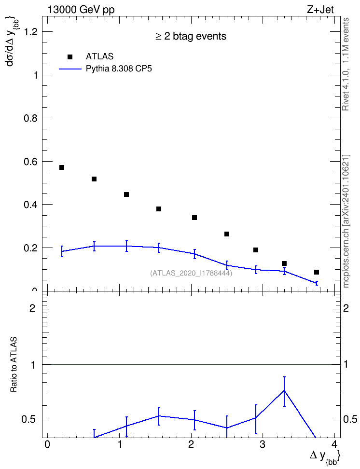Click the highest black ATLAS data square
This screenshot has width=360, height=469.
coord(62,167)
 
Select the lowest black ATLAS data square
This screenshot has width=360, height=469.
coord(317,272)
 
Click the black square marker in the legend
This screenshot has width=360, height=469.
coord(70,56)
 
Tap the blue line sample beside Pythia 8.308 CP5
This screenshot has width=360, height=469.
coord(70,69)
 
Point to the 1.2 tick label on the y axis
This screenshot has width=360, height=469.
coord(30,32)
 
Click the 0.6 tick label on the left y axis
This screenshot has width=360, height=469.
coord(30,162)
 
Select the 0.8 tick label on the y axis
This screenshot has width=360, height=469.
coord(30,118)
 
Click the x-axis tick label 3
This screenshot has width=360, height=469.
coord(263,444)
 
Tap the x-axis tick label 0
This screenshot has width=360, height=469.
coord(47,444)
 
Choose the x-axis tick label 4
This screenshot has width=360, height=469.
coord(335,444)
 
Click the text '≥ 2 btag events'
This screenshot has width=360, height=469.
coord(191,37)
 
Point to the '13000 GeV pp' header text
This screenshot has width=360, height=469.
coord(81,10)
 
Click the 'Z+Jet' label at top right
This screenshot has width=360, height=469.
coord(320,10)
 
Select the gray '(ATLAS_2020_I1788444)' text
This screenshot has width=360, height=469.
coord(191,273)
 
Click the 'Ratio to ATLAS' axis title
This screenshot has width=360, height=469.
coord(14,364)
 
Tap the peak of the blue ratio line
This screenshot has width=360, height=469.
coord(284,390)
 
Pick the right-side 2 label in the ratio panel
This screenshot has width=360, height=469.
coord(346,308)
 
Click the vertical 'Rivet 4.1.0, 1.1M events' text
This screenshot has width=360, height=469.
coord(346,64)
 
